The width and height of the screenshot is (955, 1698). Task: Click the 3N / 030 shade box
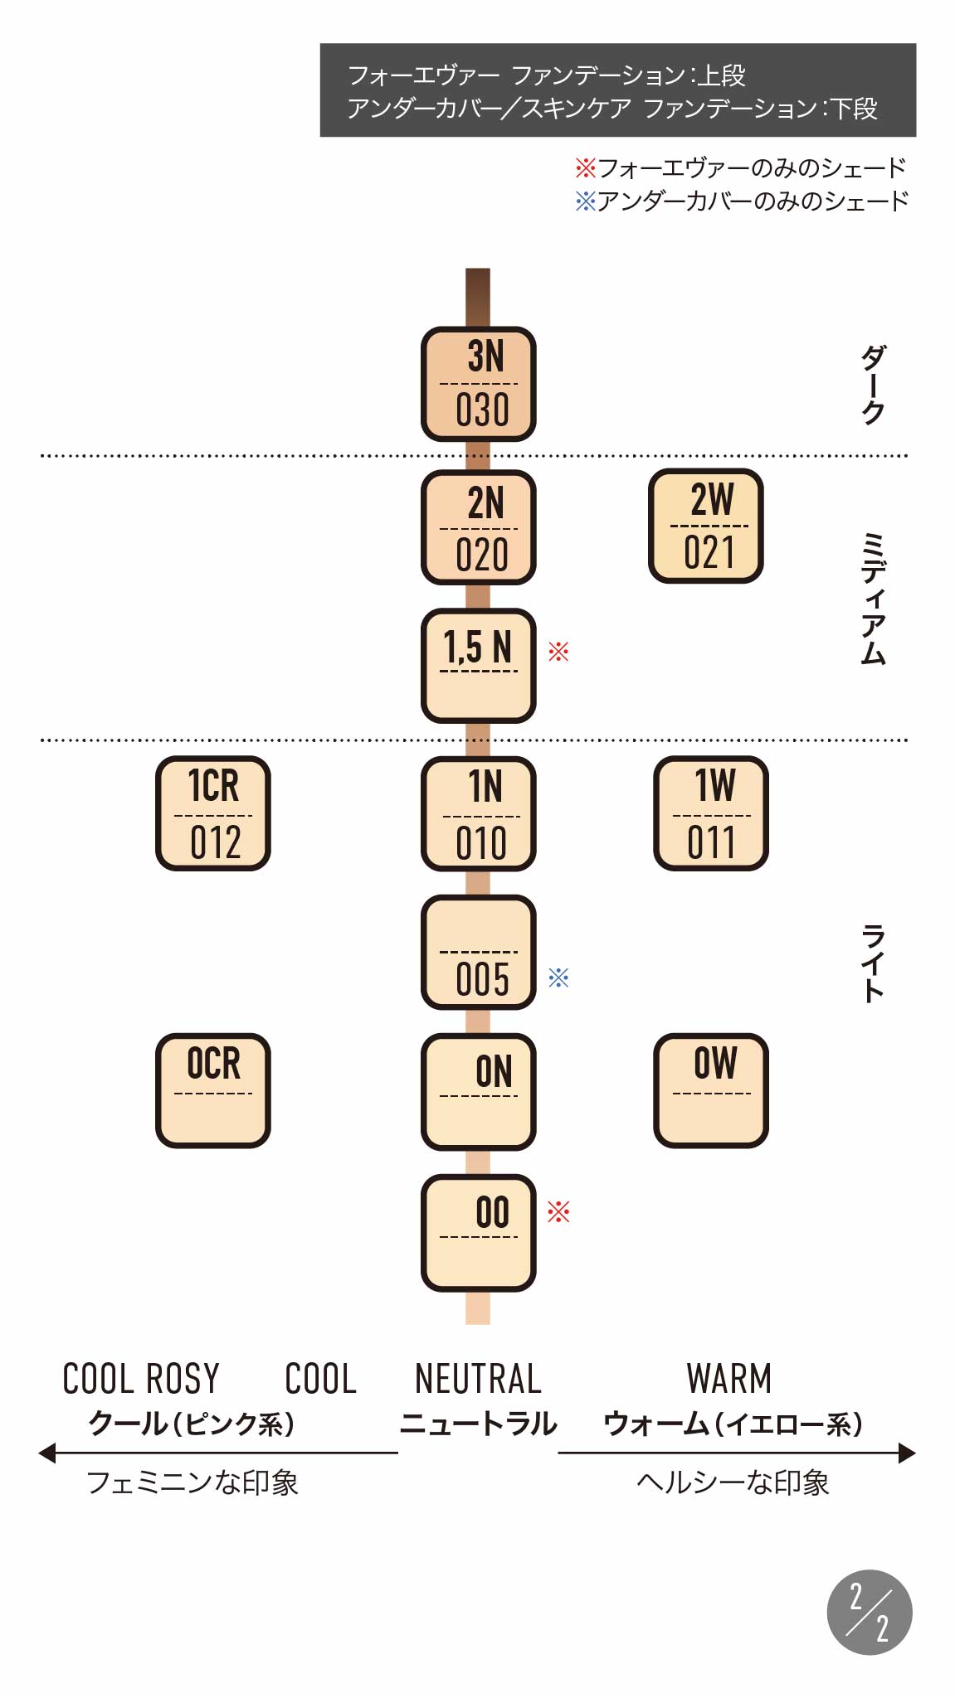tap(478, 384)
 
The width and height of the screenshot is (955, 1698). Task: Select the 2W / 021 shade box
tap(705, 526)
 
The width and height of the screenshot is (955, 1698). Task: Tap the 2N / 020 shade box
tap(478, 527)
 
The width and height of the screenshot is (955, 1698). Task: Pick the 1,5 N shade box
tap(478, 666)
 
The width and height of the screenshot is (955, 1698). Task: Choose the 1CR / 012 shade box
tap(213, 813)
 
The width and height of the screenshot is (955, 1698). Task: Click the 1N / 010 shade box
tap(478, 813)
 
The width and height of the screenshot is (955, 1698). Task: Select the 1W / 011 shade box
tap(710, 813)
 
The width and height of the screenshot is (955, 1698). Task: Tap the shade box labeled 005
tap(478, 952)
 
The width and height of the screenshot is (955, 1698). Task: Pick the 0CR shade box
tap(213, 1090)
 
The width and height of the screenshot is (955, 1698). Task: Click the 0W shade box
tap(710, 1090)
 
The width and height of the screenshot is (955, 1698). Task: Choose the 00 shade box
tap(478, 1233)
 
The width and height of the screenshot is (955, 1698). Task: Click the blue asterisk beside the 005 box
tap(558, 978)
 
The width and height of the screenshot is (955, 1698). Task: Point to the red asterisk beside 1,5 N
tap(558, 652)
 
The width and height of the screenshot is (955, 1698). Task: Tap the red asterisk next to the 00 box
tap(558, 1213)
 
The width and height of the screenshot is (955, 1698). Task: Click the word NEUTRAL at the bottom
tap(478, 1379)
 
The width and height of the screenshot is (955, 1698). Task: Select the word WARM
tap(728, 1379)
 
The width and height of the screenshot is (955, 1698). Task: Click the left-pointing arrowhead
tap(47, 1453)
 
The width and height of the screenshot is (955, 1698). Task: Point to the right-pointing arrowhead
tap(907, 1453)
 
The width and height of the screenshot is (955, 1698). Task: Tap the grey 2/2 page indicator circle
tap(869, 1612)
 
